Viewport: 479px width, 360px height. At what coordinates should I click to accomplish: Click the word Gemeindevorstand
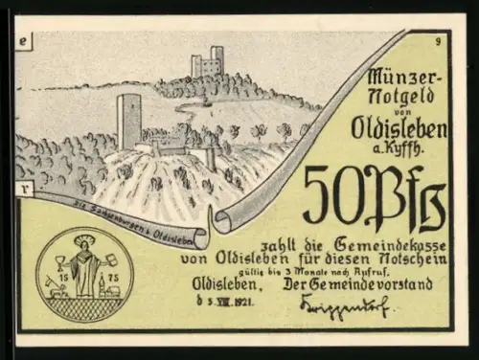click(381, 284)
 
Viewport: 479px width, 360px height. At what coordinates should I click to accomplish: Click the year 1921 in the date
click(249, 302)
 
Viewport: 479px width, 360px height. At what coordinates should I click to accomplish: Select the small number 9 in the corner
click(438, 41)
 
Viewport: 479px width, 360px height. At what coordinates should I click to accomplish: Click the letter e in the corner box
click(24, 40)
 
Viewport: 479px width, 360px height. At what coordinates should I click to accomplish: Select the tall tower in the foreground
click(128, 120)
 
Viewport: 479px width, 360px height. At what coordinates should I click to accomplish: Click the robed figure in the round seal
click(85, 260)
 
